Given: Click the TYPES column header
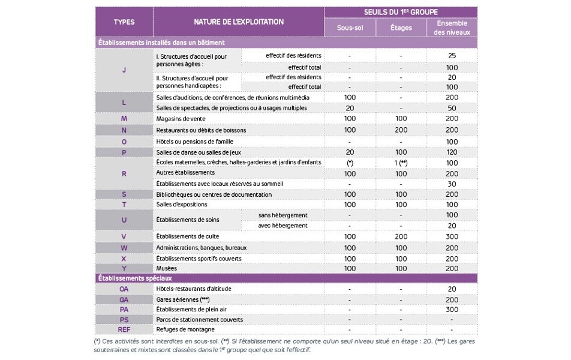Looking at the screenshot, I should tap(124, 22).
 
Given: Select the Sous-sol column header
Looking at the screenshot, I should tap(350, 27).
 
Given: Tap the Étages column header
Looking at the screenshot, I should tap(401, 27).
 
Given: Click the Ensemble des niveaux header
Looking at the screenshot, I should tap(452, 28).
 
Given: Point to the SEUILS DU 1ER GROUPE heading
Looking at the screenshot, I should tap(401, 12).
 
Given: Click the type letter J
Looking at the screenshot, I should tap(124, 70).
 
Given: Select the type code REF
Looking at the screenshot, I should tap(124, 329).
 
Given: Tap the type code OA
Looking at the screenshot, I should tap(124, 289).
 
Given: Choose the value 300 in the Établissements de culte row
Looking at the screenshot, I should tap(452, 236).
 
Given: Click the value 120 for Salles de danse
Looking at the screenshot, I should tap(452, 152).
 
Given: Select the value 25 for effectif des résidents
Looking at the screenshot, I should tap(452, 55).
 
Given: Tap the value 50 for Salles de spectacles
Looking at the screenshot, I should tap(452, 108).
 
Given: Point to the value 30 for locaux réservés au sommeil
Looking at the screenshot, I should tap(452, 184).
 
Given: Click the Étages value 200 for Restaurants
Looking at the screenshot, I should tap(401, 130).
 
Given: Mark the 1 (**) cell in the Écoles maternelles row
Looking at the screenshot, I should tap(401, 163).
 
